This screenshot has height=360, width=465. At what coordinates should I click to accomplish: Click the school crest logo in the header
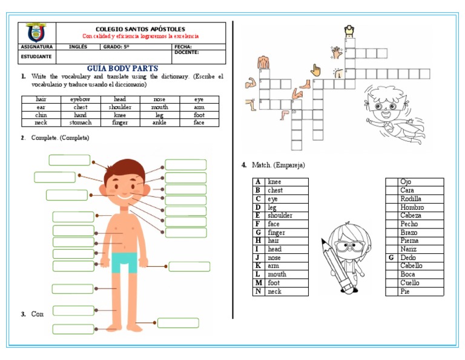[x=37, y=33]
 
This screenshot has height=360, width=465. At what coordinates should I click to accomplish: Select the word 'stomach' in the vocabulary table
[x=81, y=122]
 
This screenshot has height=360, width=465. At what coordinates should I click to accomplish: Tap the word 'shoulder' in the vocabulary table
[x=120, y=107]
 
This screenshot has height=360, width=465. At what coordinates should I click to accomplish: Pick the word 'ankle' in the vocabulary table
[x=159, y=122]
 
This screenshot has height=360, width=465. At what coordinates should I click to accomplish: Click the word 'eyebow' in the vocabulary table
[x=81, y=99]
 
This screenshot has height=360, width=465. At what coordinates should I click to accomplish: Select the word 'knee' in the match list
[x=274, y=182]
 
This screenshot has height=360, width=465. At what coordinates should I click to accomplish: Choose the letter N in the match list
[x=258, y=292]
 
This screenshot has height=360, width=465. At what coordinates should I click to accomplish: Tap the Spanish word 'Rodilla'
[x=411, y=199]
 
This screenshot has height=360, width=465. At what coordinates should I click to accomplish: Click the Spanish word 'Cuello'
[x=410, y=283]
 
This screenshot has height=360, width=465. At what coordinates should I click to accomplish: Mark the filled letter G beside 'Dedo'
[x=392, y=258]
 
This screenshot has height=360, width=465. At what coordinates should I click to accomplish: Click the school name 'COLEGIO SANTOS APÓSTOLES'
[x=140, y=29]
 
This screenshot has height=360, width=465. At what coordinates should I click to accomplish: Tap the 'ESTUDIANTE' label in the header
[x=36, y=56]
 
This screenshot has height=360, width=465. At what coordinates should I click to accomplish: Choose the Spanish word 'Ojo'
[x=406, y=182]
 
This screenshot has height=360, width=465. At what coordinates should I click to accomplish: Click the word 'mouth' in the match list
[x=277, y=275]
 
